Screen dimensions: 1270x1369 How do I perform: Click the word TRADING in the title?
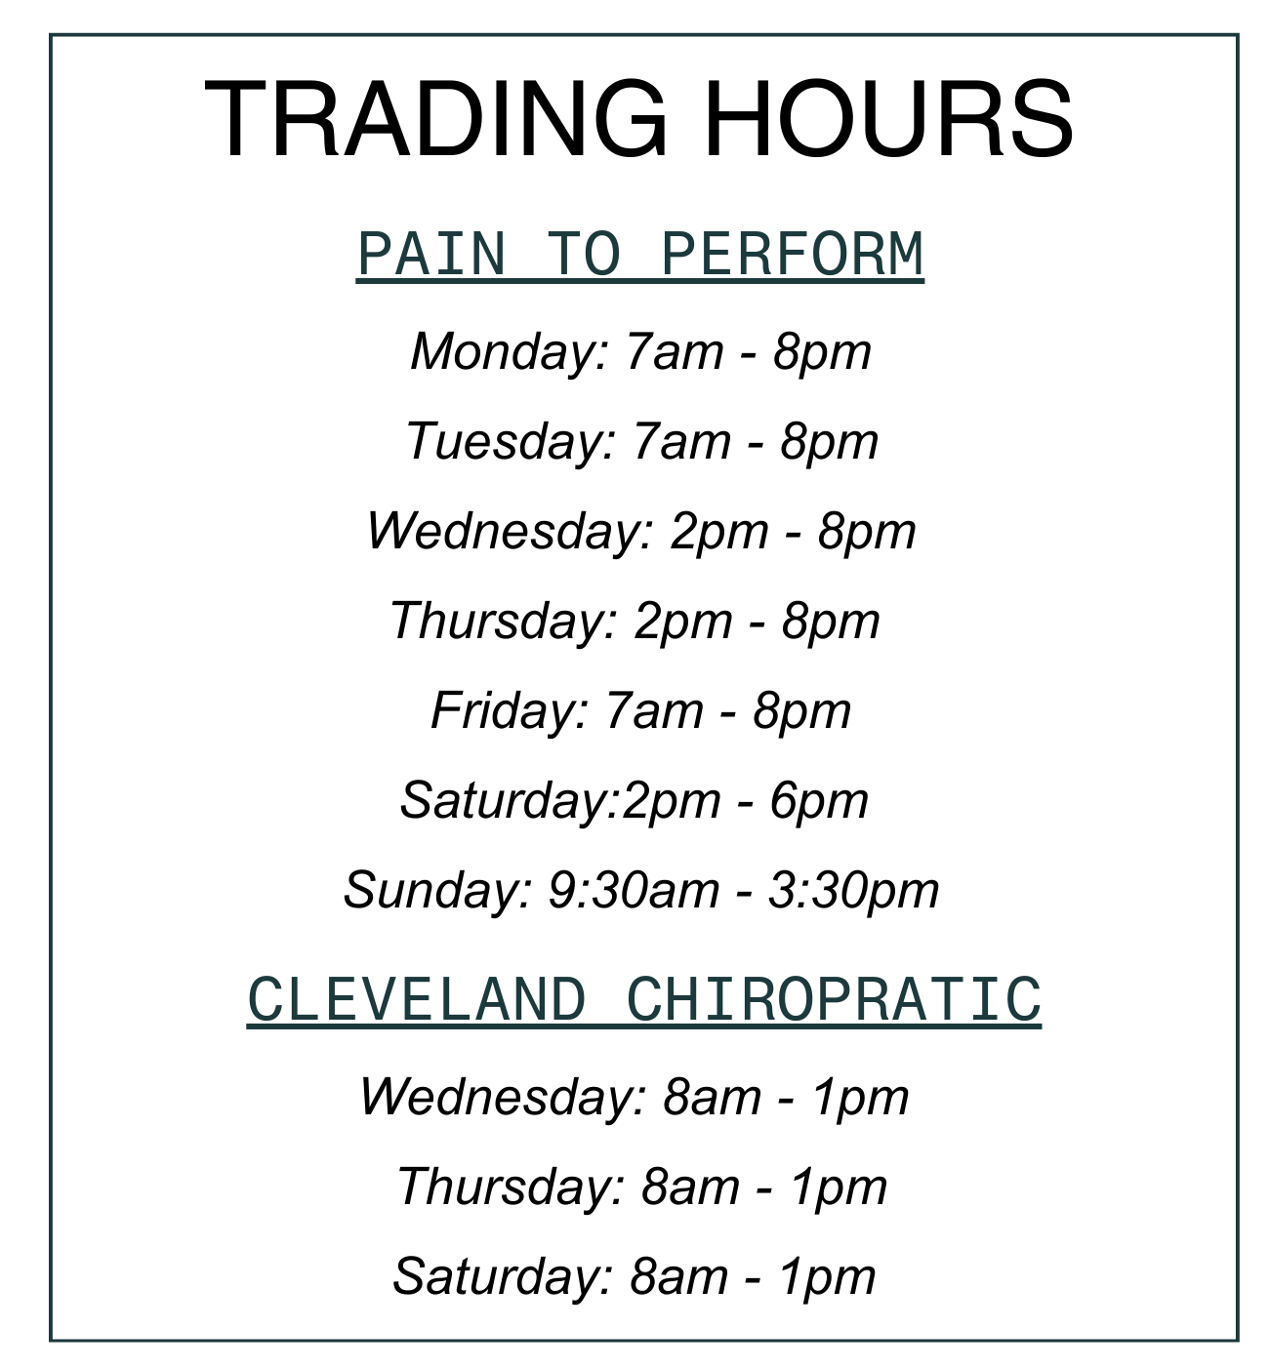point(436,119)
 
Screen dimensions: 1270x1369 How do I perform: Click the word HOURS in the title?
point(888,119)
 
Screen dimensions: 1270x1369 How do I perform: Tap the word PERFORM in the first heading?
point(792,254)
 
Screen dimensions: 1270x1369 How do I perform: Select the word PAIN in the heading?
point(431,254)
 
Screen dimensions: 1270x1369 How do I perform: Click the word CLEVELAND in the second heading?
point(417,999)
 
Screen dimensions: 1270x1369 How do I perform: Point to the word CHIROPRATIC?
point(834,999)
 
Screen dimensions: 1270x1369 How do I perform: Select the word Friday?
point(510,711)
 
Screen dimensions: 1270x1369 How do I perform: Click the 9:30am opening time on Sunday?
point(634,891)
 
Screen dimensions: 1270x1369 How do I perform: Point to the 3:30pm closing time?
point(853,892)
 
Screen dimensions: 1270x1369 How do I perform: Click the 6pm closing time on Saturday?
point(819,802)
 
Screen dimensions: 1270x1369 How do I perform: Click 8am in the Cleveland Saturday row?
point(678,1276)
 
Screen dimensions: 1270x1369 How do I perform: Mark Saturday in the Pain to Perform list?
point(510,801)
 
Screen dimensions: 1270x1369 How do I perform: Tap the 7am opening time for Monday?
point(674,353)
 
